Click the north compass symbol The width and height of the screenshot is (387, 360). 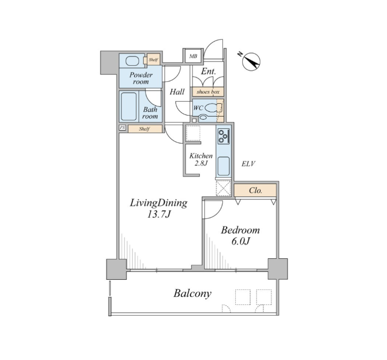pyautogui.click(x=251, y=62)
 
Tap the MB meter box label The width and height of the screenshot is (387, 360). pyautogui.click(x=193, y=56)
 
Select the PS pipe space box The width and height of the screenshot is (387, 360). pyautogui.click(x=122, y=128)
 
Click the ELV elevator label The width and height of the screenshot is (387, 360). pyautogui.click(x=249, y=164)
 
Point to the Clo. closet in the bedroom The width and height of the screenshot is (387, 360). pyautogui.click(x=255, y=190)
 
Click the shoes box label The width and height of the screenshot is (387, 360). pyautogui.click(x=208, y=92)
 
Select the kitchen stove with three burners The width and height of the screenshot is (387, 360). pyautogui.click(x=223, y=136)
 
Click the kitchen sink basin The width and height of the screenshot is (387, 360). pyautogui.click(x=223, y=166)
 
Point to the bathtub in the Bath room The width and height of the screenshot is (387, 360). pyautogui.click(x=128, y=106)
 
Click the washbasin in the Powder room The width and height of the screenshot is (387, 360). pyautogui.click(x=133, y=61)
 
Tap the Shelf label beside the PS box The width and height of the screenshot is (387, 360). pyautogui.click(x=144, y=129)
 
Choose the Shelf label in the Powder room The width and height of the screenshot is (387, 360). pyautogui.click(x=153, y=60)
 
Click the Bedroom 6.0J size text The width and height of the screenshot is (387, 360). pyautogui.click(x=241, y=241)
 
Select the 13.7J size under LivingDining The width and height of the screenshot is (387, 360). pyautogui.click(x=159, y=215)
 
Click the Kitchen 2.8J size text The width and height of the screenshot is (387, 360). pyautogui.click(x=200, y=163)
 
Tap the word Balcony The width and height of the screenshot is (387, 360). pyautogui.click(x=192, y=294)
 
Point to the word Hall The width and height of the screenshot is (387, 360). pyautogui.click(x=177, y=92)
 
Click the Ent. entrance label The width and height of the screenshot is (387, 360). pyautogui.click(x=208, y=71)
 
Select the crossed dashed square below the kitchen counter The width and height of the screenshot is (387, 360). pyautogui.click(x=223, y=189)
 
